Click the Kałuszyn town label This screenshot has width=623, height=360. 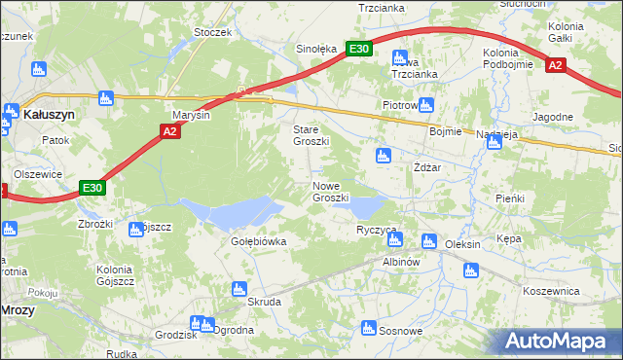click(x=42, y=114)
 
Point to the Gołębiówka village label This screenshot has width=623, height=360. click(x=258, y=241)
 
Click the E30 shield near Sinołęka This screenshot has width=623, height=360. click(x=359, y=49)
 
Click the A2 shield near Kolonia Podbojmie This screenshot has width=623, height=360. click(x=556, y=65)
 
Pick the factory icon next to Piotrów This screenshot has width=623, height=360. click(x=425, y=104)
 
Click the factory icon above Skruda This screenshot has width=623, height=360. click(x=238, y=289)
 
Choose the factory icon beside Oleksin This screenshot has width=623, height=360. click(x=427, y=241)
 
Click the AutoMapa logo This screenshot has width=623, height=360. click(x=559, y=342)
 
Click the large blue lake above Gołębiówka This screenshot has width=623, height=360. click(x=230, y=211)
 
